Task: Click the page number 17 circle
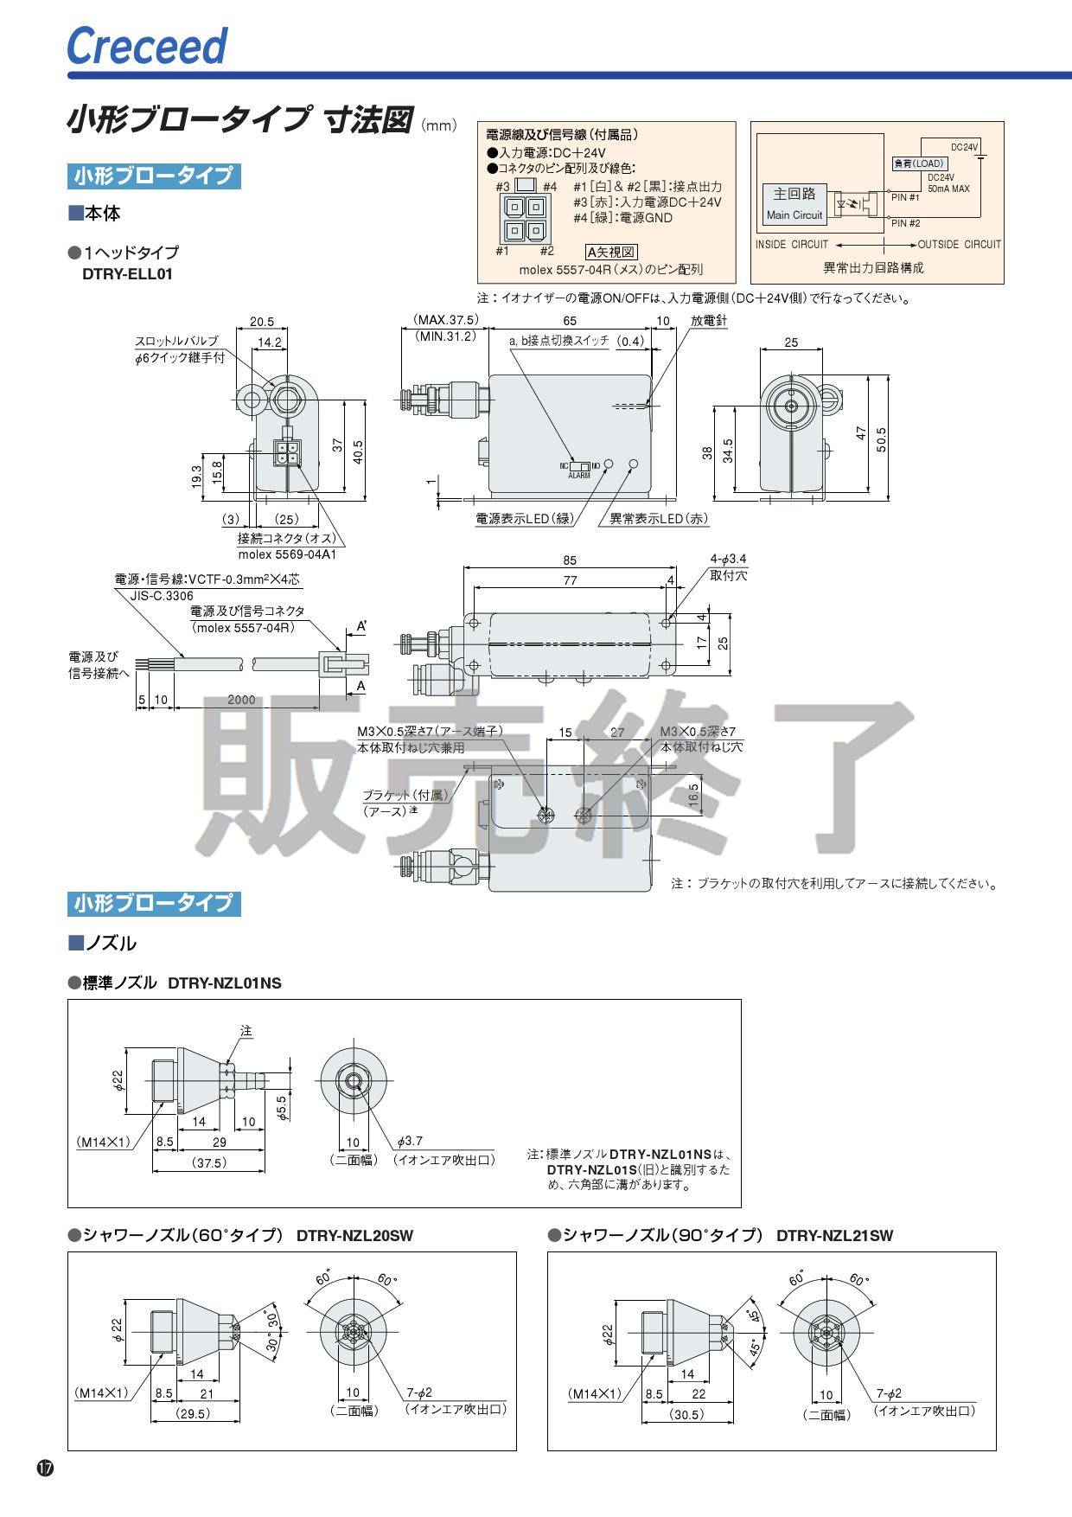click(x=45, y=1468)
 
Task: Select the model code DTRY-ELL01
click(x=127, y=275)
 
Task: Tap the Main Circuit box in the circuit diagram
click(x=794, y=204)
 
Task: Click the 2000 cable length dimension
click(x=241, y=699)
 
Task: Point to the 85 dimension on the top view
click(x=569, y=560)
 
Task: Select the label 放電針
click(x=709, y=321)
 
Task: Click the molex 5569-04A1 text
click(x=287, y=554)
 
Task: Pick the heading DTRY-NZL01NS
click(x=225, y=983)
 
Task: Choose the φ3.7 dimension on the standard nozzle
click(x=410, y=1142)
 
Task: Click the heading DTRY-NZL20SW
click(x=354, y=1236)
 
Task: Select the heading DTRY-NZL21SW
click(x=834, y=1236)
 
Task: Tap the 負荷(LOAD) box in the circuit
click(x=919, y=163)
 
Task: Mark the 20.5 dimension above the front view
click(x=262, y=321)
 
